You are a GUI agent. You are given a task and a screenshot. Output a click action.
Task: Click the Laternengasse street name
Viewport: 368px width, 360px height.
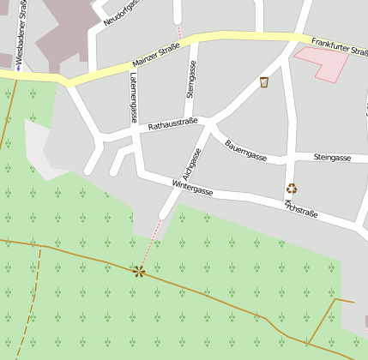133,98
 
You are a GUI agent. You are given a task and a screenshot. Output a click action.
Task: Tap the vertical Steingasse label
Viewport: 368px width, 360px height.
191,80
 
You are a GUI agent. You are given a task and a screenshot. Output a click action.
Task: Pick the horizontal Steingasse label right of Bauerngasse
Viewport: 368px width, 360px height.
332,158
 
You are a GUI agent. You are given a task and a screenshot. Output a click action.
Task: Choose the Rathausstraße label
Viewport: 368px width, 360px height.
173,125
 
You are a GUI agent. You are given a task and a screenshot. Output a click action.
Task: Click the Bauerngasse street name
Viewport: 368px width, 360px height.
247,150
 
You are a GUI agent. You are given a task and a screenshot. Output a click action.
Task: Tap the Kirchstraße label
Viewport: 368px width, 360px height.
302,208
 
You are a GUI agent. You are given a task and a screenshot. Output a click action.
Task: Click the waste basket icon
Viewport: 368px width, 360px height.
264,82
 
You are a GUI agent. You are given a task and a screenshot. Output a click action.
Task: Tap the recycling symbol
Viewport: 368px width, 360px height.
292,189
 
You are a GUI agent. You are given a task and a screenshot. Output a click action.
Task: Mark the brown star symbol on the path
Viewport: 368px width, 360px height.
138,272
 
